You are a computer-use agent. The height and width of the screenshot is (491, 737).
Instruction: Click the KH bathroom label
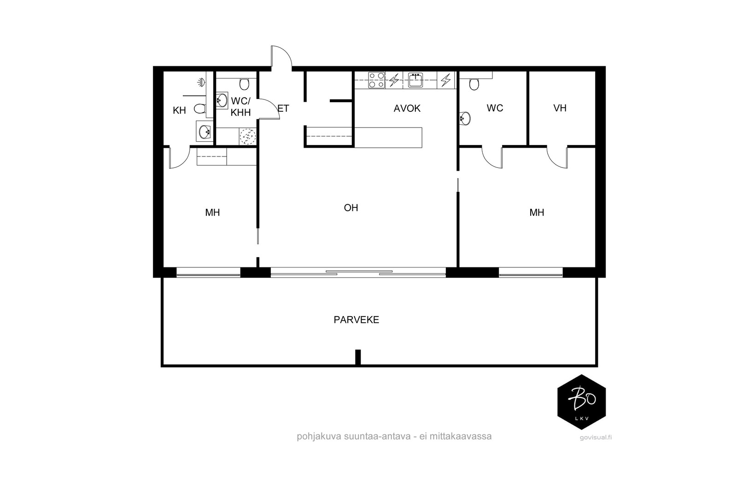179,110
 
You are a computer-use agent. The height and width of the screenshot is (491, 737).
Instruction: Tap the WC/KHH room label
240,106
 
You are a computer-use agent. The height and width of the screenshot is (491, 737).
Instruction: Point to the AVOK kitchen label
407,109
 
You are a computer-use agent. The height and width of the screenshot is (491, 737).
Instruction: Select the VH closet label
560,108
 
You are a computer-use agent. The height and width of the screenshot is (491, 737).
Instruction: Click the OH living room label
351,208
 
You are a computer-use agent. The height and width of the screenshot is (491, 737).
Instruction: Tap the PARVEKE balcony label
357,320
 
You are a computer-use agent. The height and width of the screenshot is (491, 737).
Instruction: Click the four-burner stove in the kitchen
376,80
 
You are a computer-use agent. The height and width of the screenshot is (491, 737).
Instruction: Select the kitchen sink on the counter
415,80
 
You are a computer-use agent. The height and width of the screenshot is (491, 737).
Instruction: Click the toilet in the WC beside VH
474,84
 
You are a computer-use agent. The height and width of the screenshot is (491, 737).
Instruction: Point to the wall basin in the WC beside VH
465,118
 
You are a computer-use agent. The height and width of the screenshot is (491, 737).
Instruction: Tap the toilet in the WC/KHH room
244,84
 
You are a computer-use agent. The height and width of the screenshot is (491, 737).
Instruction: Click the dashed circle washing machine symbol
247,136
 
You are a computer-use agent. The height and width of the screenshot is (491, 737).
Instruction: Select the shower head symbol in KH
201,82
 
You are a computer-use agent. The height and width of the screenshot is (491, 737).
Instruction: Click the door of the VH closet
557,158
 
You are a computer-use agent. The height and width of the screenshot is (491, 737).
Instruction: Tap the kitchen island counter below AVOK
388,138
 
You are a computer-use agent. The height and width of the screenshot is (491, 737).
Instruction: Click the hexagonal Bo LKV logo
581,402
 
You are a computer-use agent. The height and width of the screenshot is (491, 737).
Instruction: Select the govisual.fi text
596,438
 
